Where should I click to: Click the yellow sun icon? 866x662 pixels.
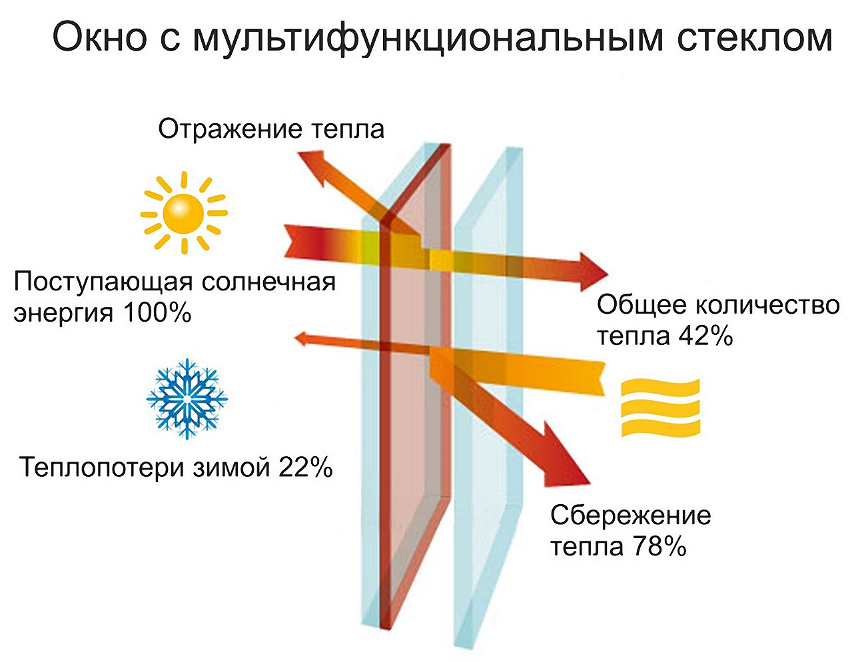(184, 213)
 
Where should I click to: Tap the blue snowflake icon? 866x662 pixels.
(187, 399)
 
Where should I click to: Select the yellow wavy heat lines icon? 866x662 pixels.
(660, 408)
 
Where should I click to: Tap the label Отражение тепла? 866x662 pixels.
(271, 129)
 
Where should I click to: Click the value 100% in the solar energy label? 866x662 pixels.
(157, 314)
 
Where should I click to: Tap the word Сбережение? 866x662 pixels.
(630, 515)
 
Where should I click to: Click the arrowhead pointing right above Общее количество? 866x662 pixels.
(594, 271)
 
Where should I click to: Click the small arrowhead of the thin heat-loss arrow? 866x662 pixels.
(301, 338)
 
